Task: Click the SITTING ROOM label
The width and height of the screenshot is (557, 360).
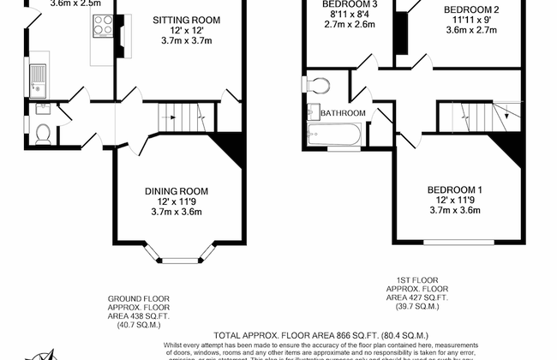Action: coord(186,19)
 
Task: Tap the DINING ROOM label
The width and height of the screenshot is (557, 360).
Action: coord(177,191)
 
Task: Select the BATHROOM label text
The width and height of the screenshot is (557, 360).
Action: coord(343,113)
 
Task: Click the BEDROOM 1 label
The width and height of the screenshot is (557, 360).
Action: coord(456,189)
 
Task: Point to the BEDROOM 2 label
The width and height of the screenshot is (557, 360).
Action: coord(470,9)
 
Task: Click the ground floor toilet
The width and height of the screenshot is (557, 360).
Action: coord(43,132)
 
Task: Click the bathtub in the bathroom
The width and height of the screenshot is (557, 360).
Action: coord(329,134)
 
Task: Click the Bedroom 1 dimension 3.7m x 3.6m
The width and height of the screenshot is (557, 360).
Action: coord(456,210)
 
